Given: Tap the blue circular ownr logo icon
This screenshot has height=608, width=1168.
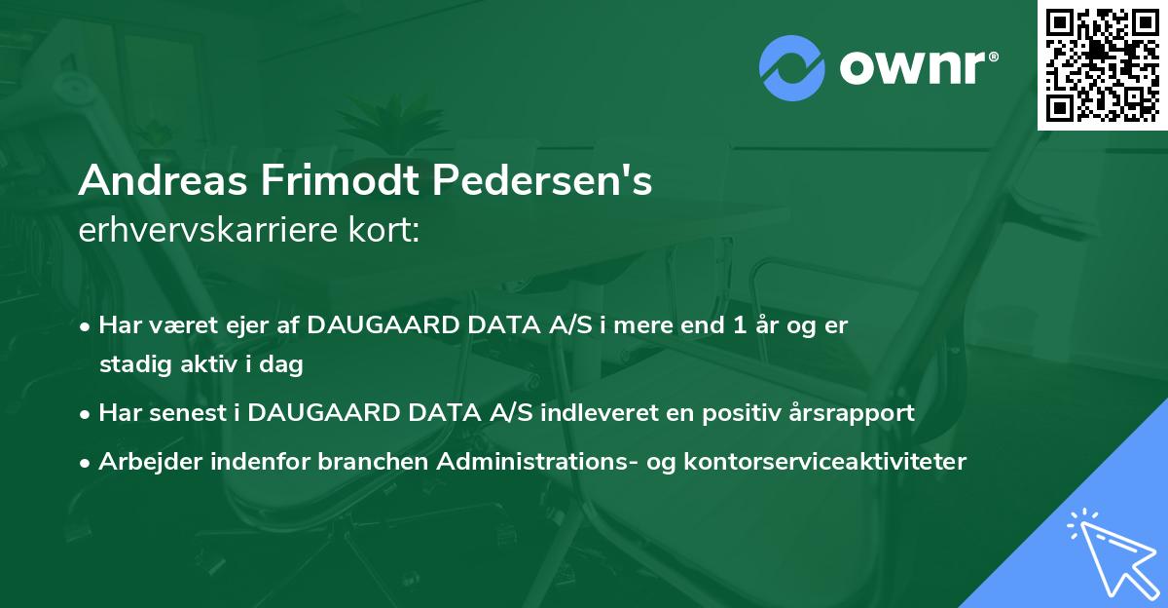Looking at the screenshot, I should coord(792,66).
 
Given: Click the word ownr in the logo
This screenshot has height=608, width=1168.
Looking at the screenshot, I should coord(917,67).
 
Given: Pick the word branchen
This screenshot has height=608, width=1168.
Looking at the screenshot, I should coord(376,462).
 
